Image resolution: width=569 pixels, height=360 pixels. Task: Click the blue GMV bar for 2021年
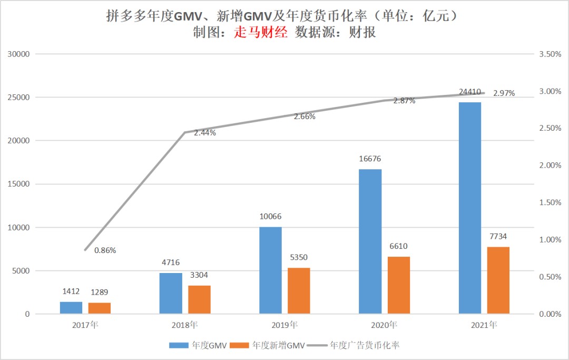(x=470, y=208)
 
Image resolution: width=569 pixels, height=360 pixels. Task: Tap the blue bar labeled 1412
(x=71, y=308)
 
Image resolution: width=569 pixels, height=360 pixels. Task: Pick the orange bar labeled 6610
(x=398, y=285)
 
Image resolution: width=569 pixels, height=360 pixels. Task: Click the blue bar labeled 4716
(x=171, y=294)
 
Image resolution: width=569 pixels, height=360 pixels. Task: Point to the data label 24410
(x=469, y=92)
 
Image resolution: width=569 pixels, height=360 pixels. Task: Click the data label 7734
(x=498, y=237)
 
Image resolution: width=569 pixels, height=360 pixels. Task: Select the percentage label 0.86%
(x=105, y=250)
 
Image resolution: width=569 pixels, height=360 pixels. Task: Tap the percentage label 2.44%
(x=204, y=133)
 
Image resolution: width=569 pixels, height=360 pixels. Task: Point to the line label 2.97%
(x=504, y=93)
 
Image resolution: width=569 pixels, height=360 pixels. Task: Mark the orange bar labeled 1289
(x=100, y=308)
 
